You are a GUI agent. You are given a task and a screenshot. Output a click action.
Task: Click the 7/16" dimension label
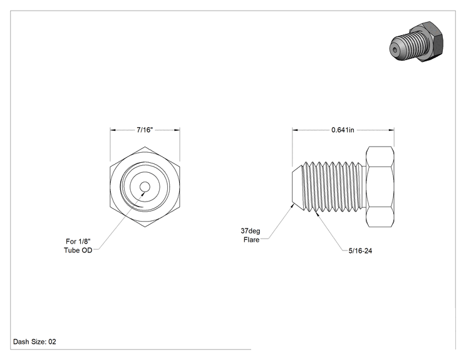(x=145, y=130)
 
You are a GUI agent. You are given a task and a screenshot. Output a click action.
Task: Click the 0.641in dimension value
(x=343, y=130)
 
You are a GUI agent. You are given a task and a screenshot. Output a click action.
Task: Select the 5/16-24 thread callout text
(x=360, y=250)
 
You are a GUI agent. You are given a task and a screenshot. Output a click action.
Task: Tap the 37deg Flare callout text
(x=251, y=235)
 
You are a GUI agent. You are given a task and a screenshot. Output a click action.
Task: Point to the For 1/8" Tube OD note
(x=78, y=245)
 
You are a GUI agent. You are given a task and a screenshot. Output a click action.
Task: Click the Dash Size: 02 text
(x=34, y=342)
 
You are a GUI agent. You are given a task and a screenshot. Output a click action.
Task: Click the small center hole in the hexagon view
(x=145, y=187)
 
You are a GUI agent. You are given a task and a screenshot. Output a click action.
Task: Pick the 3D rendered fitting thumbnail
(x=417, y=41)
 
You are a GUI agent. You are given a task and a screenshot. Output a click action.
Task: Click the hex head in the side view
(x=380, y=187)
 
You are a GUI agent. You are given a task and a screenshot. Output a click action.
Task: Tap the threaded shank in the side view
(x=333, y=187)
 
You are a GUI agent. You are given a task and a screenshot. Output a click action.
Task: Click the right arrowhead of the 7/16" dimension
(x=177, y=130)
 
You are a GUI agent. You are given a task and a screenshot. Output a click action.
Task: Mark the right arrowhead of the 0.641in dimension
(x=391, y=130)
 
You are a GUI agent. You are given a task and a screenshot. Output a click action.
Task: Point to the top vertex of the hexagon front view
(x=145, y=147)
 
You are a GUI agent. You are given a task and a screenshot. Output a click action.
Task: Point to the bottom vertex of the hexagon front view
(x=145, y=227)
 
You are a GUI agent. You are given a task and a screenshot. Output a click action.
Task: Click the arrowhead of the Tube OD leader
(x=143, y=193)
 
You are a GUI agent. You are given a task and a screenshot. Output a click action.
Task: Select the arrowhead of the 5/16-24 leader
(x=316, y=212)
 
